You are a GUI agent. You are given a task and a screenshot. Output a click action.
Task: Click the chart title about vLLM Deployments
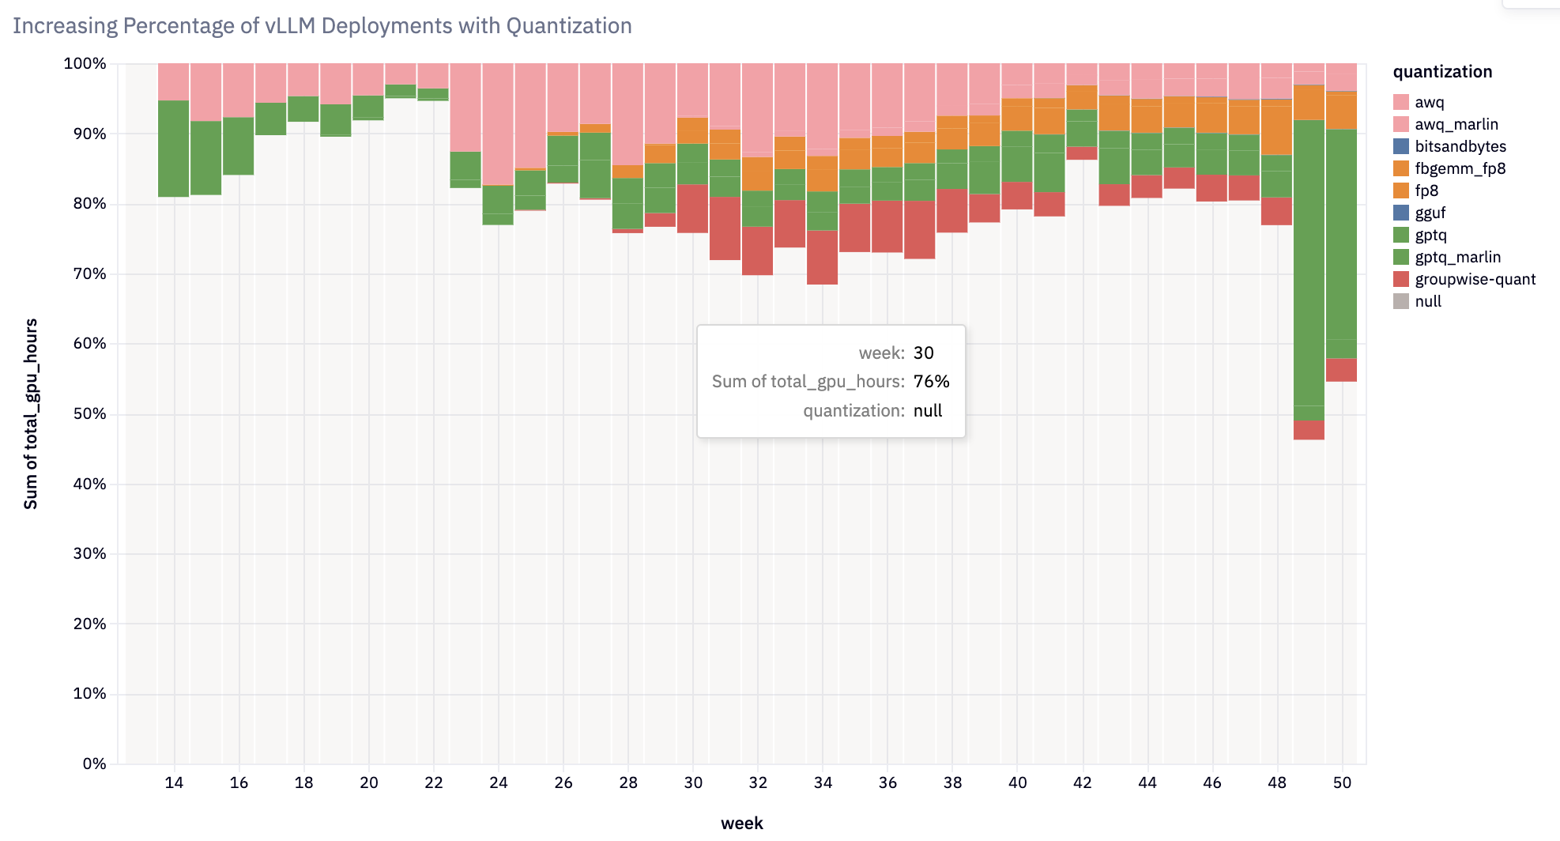pos(322,26)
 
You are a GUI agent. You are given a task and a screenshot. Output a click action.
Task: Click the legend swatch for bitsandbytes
pos(1400,146)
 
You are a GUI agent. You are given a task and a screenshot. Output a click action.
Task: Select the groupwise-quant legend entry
pos(1475,279)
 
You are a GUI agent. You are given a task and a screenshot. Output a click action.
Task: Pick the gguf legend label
pos(1430,213)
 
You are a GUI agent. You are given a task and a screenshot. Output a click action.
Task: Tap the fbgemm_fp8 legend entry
pos(1460,168)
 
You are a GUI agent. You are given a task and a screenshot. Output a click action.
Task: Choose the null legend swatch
pos(1400,301)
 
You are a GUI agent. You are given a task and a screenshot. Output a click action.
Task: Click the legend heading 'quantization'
pos(1442,72)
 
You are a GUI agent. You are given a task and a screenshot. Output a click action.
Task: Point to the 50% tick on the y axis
pos(89,413)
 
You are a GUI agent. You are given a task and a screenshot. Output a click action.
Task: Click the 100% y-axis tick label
pos(85,63)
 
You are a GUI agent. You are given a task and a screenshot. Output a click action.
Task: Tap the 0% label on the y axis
pos(94,764)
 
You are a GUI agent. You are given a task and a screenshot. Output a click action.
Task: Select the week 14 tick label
pos(174,783)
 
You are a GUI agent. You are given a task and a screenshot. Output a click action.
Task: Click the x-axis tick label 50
pos(1342,783)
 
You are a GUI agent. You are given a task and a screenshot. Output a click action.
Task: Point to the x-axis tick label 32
pos(758,783)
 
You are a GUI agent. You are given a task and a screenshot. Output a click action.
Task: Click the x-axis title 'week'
pos(741,823)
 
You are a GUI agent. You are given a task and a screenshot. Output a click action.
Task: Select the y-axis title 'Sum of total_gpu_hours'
pos(31,413)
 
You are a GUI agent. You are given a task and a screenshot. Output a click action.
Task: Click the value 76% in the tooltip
pos(931,382)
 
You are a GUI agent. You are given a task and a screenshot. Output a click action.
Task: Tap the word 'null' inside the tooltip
pos(928,411)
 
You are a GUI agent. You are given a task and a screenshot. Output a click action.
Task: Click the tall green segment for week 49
pos(1309,261)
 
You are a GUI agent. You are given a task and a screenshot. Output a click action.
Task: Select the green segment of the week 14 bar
pos(174,149)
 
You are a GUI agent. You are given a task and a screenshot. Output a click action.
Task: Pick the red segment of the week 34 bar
pos(823,257)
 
